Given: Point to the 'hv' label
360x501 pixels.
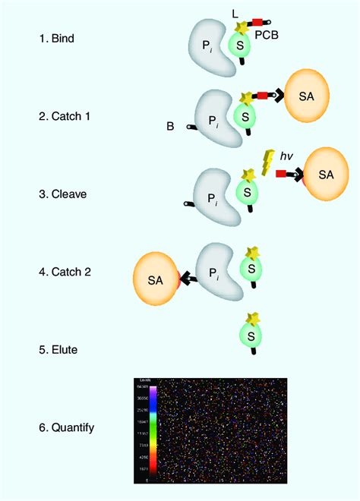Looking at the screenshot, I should tap(286, 156).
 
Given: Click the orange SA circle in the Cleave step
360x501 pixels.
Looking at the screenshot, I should tap(325, 175).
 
